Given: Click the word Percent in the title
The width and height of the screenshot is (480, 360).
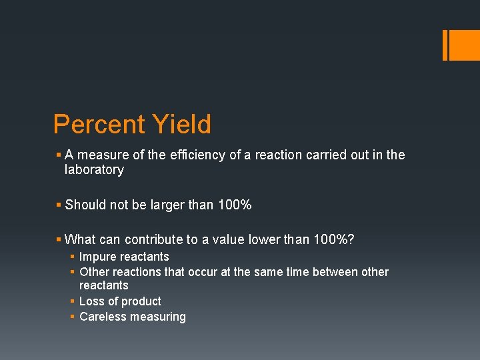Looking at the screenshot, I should click(x=99, y=125).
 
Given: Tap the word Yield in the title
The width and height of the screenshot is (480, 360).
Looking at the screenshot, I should click(x=181, y=125).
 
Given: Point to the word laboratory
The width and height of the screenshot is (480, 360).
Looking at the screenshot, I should click(x=94, y=170).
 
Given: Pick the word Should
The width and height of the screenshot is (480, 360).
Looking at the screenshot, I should click(x=85, y=205).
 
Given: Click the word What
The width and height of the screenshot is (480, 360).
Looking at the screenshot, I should click(x=80, y=239).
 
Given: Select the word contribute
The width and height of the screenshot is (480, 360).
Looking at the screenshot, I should click(x=152, y=239).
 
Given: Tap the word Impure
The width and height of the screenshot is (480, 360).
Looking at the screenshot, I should click(x=97, y=257).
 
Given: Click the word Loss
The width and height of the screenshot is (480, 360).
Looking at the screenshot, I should click(x=91, y=301).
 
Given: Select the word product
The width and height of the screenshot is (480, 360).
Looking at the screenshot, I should click(x=141, y=301).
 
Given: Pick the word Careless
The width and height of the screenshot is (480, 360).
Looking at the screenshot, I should click(x=103, y=317).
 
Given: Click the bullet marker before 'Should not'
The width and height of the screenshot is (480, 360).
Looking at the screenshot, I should click(x=59, y=205).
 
